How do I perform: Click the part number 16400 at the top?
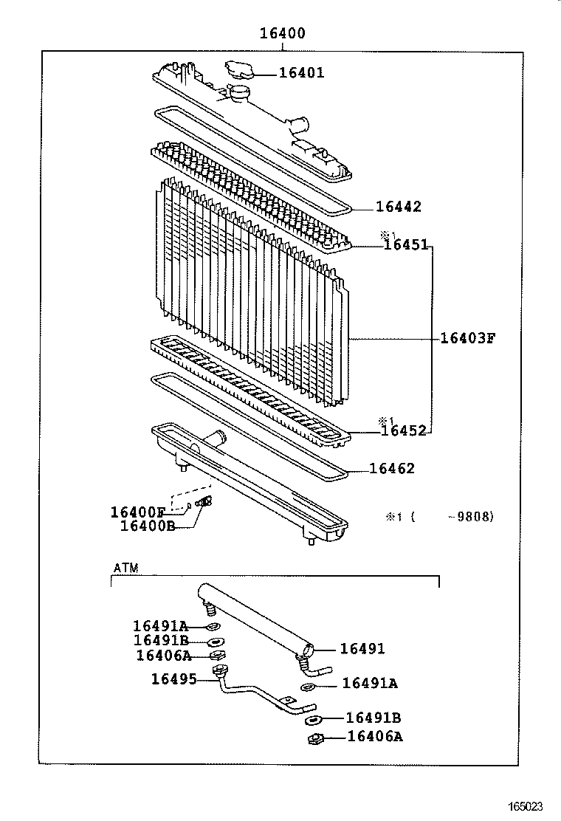(282, 33)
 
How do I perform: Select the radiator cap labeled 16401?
(238, 70)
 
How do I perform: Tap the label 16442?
(398, 207)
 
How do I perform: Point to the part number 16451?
(405, 244)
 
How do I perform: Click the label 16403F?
(467, 338)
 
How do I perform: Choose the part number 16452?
(404, 431)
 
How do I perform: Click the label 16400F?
(138, 512)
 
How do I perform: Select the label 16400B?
(148, 526)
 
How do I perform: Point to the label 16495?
(174, 678)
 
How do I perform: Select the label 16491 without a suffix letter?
(362, 649)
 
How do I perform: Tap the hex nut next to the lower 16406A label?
(316, 738)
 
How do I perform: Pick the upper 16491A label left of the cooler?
(161, 626)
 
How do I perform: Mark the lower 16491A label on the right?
(370, 684)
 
